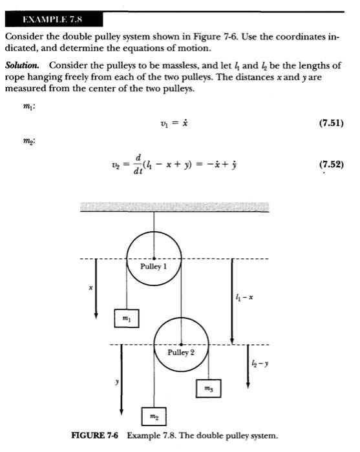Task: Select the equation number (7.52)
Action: pyautogui.click(x=335, y=163)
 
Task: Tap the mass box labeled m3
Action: pyautogui.click(x=207, y=388)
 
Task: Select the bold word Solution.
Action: pyautogui.click(x=24, y=67)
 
